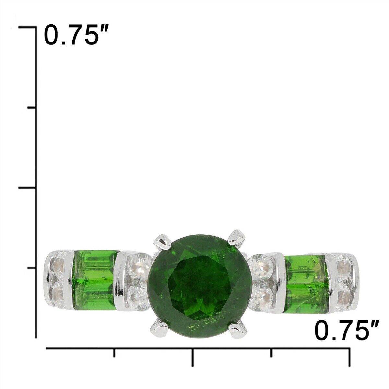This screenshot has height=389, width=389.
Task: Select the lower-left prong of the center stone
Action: tap(159, 328)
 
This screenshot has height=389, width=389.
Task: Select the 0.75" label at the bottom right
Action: tap(347, 331)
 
